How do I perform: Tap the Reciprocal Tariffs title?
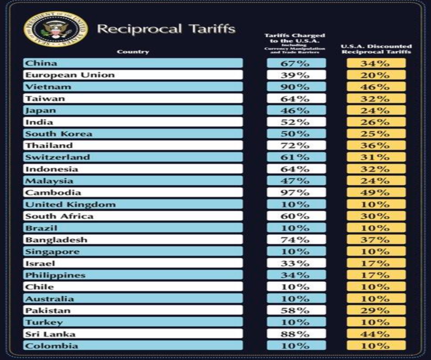coord(166,29)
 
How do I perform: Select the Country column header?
coord(133,52)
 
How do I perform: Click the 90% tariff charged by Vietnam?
coord(296,87)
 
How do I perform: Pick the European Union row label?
coord(70,75)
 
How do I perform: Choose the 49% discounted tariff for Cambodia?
coord(376,193)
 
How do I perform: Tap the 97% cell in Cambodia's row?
coord(296,193)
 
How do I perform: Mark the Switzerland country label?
coord(57,157)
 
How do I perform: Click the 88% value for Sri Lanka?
coord(296,334)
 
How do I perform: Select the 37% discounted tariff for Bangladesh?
coord(376,240)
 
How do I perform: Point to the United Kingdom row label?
coord(70,204)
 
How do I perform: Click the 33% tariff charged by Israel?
coord(296,264)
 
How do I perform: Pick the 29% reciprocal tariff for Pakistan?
coord(376,311)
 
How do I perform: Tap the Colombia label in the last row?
coord(52,346)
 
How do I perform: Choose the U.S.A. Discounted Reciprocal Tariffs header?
coord(376,49)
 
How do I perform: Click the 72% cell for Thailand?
coord(296,145)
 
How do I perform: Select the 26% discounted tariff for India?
coord(376,122)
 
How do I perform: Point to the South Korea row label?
coord(58,134)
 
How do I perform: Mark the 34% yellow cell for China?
coord(376,63)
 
